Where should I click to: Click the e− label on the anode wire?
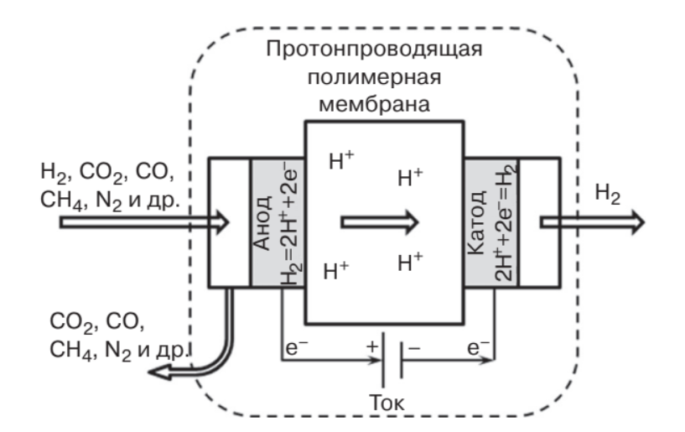296,346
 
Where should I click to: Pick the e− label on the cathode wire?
479,346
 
